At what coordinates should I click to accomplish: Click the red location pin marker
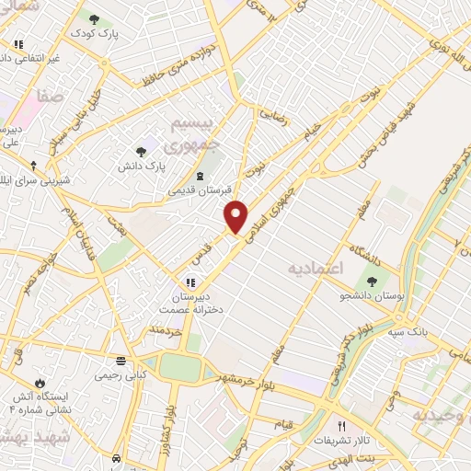[236, 216]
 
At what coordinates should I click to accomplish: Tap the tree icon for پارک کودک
[94, 18]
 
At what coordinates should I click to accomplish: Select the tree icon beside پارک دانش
[141, 152]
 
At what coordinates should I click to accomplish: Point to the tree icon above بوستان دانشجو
[372, 282]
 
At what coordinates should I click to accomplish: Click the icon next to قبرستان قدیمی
[201, 176]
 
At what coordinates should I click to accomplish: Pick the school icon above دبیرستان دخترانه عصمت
[190, 282]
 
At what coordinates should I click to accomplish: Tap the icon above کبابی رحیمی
[121, 361]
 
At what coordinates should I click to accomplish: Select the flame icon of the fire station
[40, 382]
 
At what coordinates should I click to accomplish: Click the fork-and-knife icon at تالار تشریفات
[342, 425]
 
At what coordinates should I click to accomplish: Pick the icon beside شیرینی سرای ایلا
[34, 166]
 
